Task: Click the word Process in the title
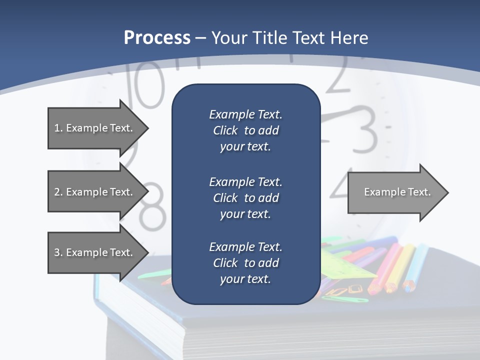157,38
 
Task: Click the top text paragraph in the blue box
245,130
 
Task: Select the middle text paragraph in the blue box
245,198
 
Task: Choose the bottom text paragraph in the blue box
245,263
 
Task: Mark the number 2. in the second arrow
58,192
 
